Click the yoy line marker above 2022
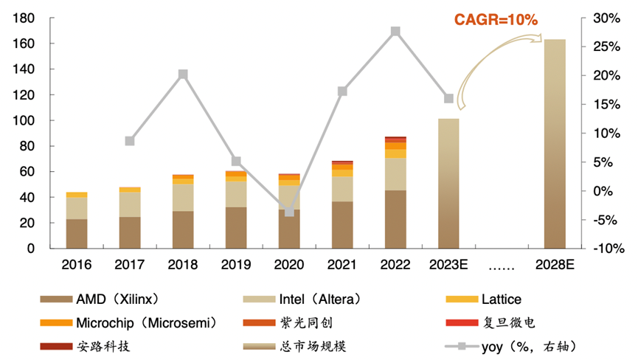[x=395, y=32]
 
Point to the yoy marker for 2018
[x=183, y=74]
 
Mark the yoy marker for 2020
[x=289, y=212]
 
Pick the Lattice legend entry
[x=494, y=300]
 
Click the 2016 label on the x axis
[x=77, y=265]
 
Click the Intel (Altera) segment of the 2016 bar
[x=77, y=208]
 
